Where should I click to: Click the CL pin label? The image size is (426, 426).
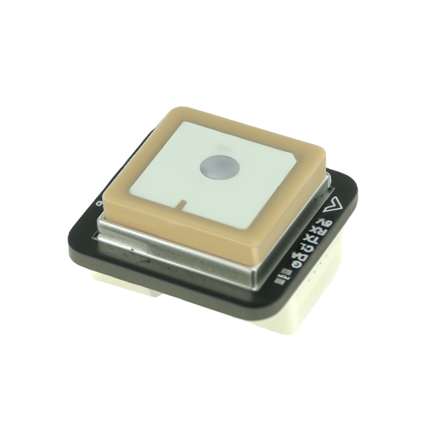click(x=306, y=248)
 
